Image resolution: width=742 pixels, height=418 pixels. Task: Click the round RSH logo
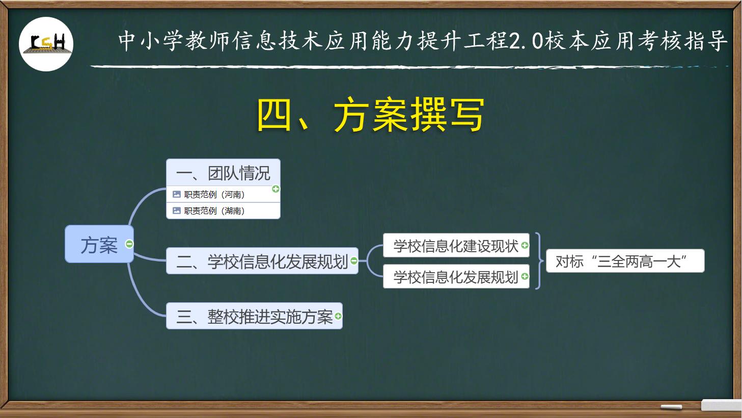click(x=46, y=44)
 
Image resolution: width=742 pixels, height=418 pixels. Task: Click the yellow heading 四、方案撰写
click(x=370, y=115)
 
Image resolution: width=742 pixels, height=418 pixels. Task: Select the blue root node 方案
click(x=99, y=245)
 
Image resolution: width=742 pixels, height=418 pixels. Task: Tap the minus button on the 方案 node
click(x=129, y=244)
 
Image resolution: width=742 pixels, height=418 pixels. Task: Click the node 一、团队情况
click(x=223, y=173)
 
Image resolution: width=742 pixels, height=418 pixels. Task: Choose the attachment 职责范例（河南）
click(x=214, y=194)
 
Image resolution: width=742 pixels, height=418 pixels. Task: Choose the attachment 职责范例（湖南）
click(x=214, y=211)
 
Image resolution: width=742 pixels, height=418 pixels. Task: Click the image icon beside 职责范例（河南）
click(x=177, y=194)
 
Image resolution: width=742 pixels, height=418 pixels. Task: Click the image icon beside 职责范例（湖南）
click(x=177, y=211)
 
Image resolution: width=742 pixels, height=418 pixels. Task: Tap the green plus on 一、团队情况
click(x=276, y=189)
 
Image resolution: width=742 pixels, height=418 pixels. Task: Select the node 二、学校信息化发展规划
click(x=262, y=262)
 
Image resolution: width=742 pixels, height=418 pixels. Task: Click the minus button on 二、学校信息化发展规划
click(x=354, y=262)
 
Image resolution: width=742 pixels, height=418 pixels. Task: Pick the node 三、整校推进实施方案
click(x=254, y=317)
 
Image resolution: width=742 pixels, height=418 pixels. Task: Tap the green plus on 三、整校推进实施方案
click(x=338, y=317)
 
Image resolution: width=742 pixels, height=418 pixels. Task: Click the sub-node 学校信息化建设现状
click(x=455, y=246)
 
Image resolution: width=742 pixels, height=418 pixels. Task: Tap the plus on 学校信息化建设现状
click(x=525, y=245)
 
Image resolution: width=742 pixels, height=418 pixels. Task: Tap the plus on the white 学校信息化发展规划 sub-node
click(x=525, y=277)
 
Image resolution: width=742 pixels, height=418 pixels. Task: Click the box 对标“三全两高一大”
click(x=625, y=261)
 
